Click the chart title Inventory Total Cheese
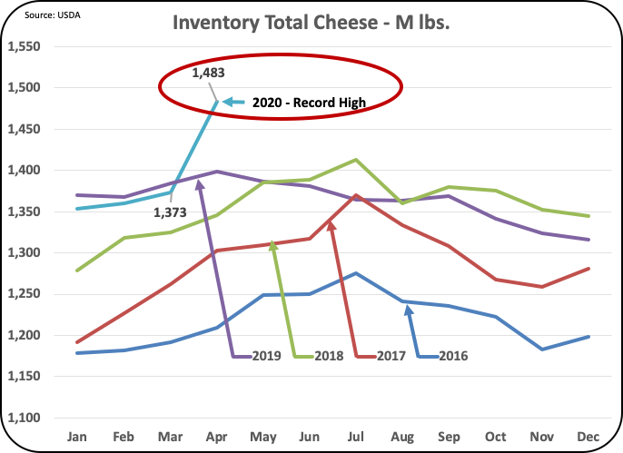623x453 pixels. click(x=312, y=21)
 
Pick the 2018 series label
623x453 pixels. click(x=328, y=356)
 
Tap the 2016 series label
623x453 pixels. click(x=453, y=356)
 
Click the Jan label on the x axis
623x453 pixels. click(x=78, y=437)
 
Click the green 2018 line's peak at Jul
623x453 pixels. click(x=355, y=160)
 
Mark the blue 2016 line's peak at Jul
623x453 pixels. click(x=356, y=272)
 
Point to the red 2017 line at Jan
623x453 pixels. click(x=78, y=342)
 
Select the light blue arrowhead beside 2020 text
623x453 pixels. click(x=227, y=103)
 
